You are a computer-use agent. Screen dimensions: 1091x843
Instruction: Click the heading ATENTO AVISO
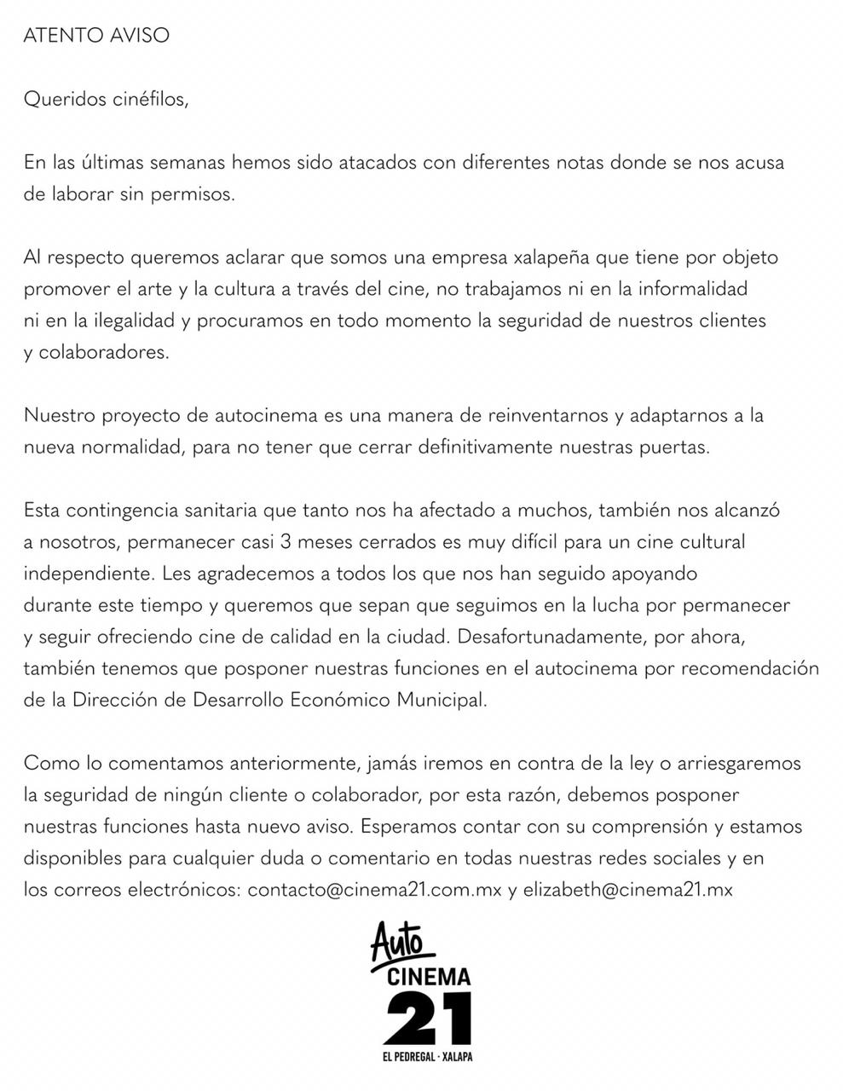96,35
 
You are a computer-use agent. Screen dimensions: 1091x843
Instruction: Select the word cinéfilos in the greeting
149,99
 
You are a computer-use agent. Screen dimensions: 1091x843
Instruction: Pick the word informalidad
681,289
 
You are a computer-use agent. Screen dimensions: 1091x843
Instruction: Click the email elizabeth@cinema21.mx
628,890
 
